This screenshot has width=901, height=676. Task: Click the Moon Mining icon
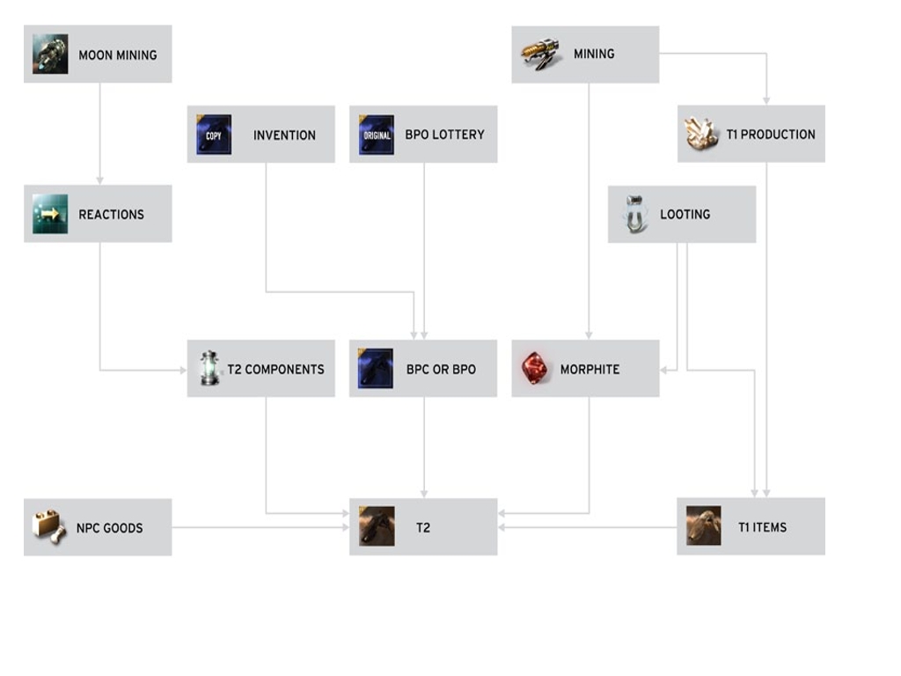(x=50, y=54)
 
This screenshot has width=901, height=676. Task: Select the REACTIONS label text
(x=111, y=214)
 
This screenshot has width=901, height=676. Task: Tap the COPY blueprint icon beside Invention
(x=214, y=135)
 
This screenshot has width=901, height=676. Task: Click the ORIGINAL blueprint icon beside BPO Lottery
(x=376, y=135)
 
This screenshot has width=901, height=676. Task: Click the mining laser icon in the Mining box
(x=540, y=53)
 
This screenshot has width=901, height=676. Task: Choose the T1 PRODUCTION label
(x=771, y=135)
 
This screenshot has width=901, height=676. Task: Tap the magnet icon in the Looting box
(x=634, y=214)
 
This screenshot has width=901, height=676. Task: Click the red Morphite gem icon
(x=534, y=369)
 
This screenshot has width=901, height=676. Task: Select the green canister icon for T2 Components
(x=209, y=369)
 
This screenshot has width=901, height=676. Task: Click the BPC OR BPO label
(x=441, y=370)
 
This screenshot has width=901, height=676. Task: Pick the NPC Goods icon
(x=49, y=527)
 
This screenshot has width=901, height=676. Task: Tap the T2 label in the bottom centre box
(x=423, y=528)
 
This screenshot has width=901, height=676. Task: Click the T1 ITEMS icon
(x=703, y=525)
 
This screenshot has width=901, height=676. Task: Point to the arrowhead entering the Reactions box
(x=99, y=180)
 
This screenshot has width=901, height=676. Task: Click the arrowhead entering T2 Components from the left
(x=182, y=370)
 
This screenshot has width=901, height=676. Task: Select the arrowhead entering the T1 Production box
(x=766, y=100)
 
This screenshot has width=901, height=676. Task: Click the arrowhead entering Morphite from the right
(x=664, y=370)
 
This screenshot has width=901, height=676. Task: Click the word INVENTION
(x=284, y=136)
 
